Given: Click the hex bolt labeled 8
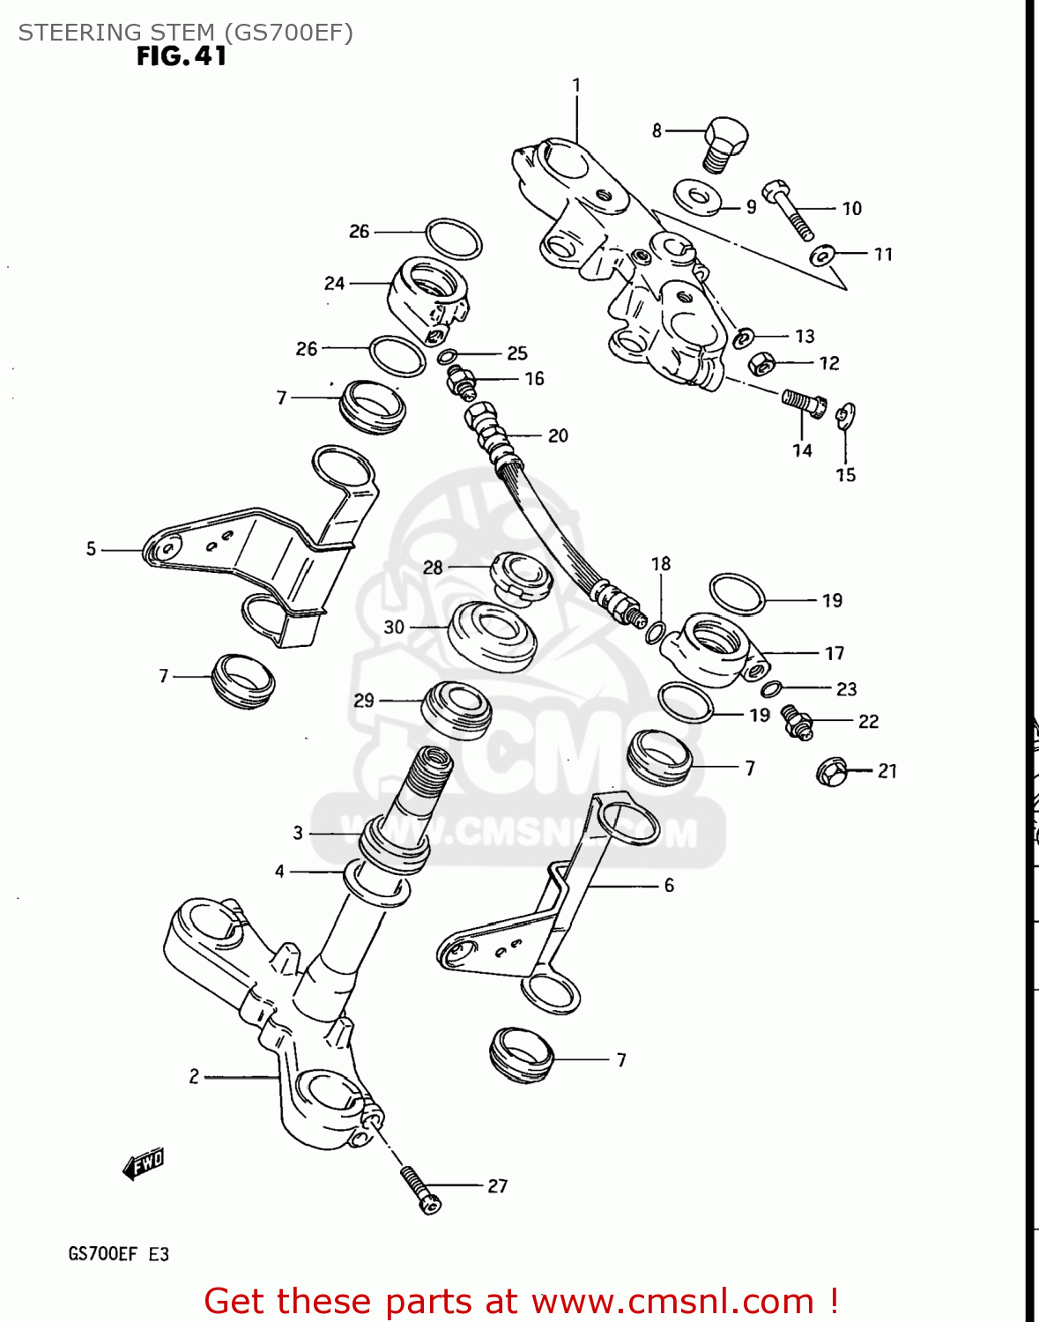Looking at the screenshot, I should pyautogui.click(x=725, y=144).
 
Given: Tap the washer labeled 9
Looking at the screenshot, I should pyautogui.click(x=696, y=197).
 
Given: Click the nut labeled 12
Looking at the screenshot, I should pyautogui.click(x=761, y=362).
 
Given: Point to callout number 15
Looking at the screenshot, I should pyautogui.click(x=845, y=475).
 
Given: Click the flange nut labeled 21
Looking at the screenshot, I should pyautogui.click(x=832, y=771).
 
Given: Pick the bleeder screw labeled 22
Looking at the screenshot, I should pyautogui.click(x=797, y=722).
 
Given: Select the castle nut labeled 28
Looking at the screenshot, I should pyautogui.click(x=521, y=577).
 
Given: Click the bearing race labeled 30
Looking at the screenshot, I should pyautogui.click(x=492, y=633).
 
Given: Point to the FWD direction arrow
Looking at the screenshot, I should pyautogui.click(x=144, y=1164).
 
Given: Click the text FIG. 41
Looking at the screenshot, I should pyautogui.click(x=182, y=56).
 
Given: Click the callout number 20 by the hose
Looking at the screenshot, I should pyautogui.click(x=558, y=435).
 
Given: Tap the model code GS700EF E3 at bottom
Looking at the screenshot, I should pyautogui.click(x=118, y=1254).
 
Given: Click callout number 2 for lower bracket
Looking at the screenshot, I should pyautogui.click(x=194, y=1076).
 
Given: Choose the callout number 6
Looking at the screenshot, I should pyautogui.click(x=669, y=885).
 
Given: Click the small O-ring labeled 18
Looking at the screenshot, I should pyautogui.click(x=656, y=631).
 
